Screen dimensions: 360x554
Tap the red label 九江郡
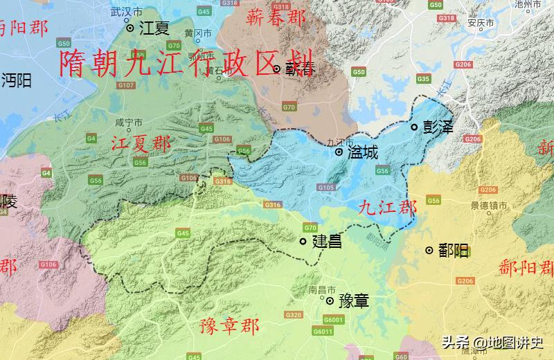click(x=388, y=207)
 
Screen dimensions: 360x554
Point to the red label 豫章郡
click(x=229, y=325)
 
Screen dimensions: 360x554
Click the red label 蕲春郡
click(x=276, y=17)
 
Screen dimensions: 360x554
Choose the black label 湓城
click(x=362, y=152)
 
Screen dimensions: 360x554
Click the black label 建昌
click(x=327, y=242)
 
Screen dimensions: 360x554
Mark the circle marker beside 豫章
click(x=330, y=301)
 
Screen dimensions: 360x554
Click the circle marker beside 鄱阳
click(x=429, y=250)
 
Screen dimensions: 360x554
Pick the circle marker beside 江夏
click(x=130, y=28)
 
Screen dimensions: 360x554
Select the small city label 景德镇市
click(x=489, y=206)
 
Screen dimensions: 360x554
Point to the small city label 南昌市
click(x=321, y=289)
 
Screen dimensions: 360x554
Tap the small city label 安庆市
click(x=480, y=23)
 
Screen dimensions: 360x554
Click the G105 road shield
click(x=326, y=188)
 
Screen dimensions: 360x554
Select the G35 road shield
click(x=424, y=79)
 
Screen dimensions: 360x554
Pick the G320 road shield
click(x=294, y=315)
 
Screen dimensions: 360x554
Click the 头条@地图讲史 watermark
click(x=493, y=342)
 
